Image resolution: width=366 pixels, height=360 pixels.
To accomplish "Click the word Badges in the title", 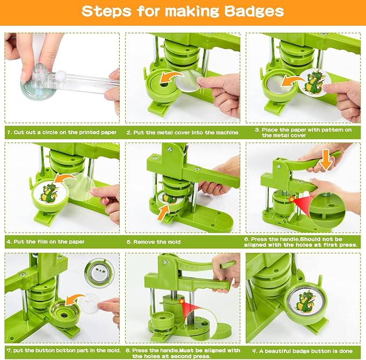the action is tap(254, 12).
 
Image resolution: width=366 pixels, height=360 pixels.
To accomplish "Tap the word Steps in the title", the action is tap(107, 11).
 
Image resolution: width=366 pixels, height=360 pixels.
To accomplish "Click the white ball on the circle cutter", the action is tap(60, 74).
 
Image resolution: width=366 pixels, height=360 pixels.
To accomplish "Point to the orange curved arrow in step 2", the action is tap(171, 78).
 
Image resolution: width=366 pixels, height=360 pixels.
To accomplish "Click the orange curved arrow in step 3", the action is tap(292, 82).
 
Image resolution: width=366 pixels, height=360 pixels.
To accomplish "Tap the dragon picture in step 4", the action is tap(48, 194).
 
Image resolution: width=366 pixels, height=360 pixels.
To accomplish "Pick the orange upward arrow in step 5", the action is tap(163, 212).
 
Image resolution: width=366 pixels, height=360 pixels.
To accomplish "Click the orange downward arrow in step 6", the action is tap(326, 160).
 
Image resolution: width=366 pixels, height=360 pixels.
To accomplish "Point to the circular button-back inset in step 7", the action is tap(100, 273).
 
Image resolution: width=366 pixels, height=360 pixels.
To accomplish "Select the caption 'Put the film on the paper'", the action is tap(49, 242).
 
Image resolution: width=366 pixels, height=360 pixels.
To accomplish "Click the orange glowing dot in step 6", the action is tap(292, 199).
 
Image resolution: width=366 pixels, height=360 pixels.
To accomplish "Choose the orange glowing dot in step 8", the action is tap(181, 301).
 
